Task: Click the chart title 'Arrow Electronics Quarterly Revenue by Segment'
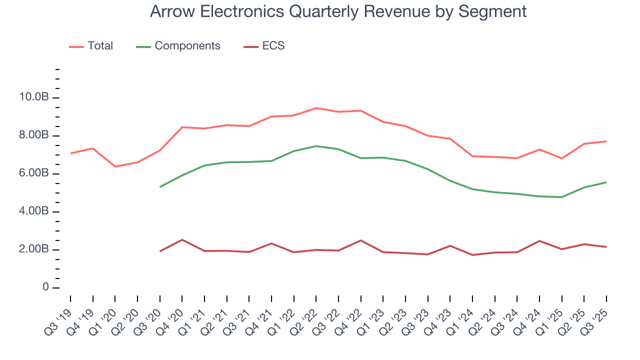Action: click(x=338, y=11)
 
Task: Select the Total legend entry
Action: click(x=91, y=46)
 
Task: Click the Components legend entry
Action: click(x=178, y=46)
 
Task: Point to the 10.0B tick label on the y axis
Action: click(x=34, y=97)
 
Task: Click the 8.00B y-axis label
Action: click(x=34, y=135)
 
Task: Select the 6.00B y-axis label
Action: click(x=34, y=173)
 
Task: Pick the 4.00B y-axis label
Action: click(x=34, y=211)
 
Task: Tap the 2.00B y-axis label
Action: click(x=34, y=249)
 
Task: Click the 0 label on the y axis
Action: click(x=45, y=287)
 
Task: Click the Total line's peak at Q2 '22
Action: click(x=316, y=108)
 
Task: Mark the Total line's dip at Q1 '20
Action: click(x=115, y=166)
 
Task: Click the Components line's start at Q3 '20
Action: click(x=160, y=187)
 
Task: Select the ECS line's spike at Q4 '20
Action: click(x=182, y=240)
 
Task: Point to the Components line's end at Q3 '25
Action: click(x=606, y=182)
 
